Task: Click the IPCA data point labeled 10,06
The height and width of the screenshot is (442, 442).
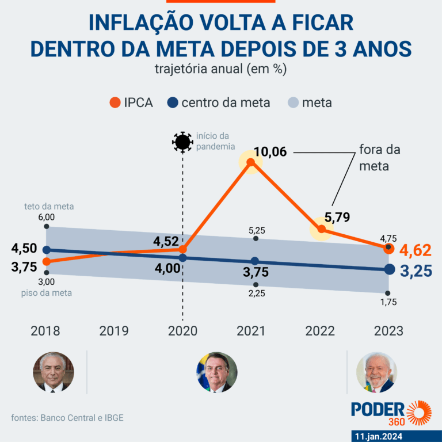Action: [x=250, y=163]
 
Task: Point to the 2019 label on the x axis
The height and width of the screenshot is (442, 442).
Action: [x=114, y=331]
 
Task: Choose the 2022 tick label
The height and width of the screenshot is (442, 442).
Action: [x=320, y=331]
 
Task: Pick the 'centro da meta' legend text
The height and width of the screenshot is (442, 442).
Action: [x=226, y=103]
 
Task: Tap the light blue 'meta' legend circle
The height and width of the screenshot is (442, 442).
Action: [x=293, y=103]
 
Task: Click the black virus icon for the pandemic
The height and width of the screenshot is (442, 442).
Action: [x=182, y=142]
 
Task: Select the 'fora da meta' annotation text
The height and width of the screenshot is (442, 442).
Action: [x=379, y=158]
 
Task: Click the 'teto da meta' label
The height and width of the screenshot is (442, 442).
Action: [x=49, y=206]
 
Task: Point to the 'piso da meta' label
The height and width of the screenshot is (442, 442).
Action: [x=49, y=293]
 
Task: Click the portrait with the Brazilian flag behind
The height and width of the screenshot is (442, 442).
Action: [x=217, y=372]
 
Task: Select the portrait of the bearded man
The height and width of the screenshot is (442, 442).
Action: [x=376, y=372]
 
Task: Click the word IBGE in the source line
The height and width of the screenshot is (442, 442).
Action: [x=112, y=418]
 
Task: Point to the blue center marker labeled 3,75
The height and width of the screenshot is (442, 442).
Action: [x=255, y=261]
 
